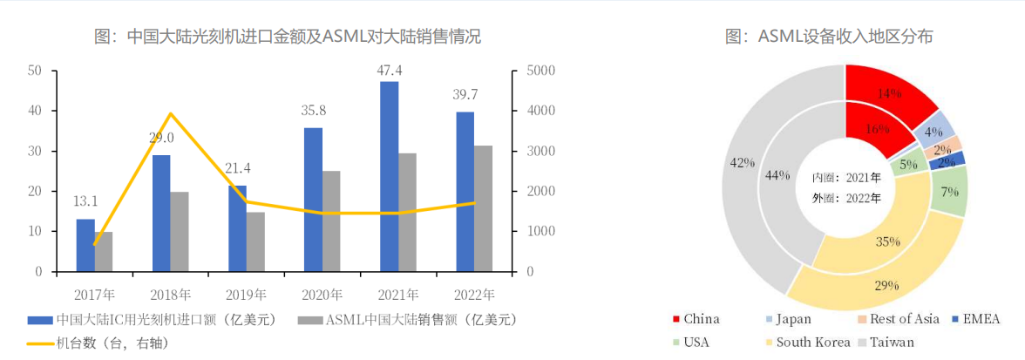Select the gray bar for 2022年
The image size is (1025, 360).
pos(483,208)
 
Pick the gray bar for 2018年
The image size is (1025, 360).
pos(180,231)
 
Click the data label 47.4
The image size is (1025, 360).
pos(389,70)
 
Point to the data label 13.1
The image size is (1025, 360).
pos(85,201)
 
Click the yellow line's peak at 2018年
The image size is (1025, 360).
pos(171,113)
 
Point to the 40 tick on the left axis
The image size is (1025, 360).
pos(37,111)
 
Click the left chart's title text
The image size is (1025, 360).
pos(287,37)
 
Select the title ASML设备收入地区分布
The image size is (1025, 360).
pos(843,37)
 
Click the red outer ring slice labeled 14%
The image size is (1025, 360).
pos(888,93)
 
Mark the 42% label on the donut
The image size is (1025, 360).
pos(743,163)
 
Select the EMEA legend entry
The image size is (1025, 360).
pos(981,319)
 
